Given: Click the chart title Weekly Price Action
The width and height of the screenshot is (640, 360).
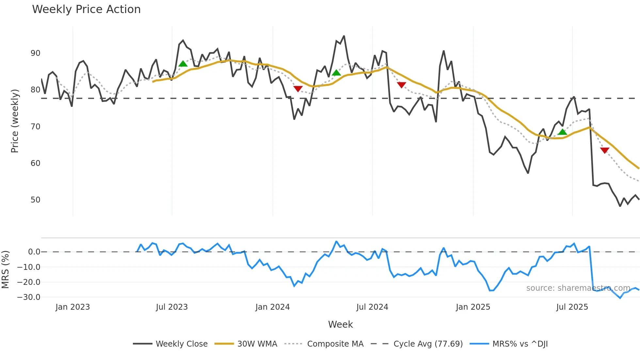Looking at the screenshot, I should pos(86,9).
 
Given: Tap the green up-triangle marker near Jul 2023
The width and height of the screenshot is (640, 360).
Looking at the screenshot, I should pos(183,64).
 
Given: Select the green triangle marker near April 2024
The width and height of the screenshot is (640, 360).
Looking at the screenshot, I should pos(336,73).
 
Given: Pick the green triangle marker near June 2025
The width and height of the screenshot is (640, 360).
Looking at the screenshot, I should pos(562,132).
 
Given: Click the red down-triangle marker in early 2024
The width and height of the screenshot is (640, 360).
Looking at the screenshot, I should pos(298,89).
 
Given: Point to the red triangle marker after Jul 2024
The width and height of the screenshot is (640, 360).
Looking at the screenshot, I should pos(401,85).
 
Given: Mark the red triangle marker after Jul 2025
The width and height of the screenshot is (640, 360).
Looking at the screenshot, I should pos(604,150).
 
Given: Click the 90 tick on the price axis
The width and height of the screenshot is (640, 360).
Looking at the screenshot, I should pos(35,53).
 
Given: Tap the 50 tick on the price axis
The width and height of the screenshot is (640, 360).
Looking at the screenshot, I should pos(35,200).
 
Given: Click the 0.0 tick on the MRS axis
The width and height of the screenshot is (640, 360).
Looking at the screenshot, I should pos(34,252).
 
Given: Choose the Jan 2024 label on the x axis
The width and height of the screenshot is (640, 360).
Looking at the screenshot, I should pos(272,307).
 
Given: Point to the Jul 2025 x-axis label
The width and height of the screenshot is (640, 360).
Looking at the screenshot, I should pos(572,307).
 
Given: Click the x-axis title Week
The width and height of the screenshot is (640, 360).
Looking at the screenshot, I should pos(340,324).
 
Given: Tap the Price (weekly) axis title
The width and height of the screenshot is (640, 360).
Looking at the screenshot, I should pos(15,121).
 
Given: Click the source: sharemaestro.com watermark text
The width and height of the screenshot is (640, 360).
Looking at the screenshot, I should pos(578,288).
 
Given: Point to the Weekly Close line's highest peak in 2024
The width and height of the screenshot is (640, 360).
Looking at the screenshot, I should pos(344,36).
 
